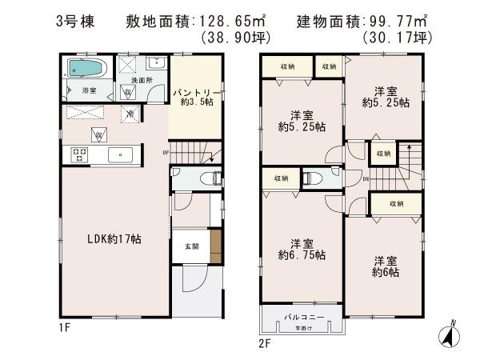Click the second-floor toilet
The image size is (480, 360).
[314, 178]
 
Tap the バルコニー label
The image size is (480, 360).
[301, 318]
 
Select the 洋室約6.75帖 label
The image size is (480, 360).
[297, 249]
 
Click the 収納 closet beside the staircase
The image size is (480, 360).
[383, 153]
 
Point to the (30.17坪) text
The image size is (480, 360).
[396, 38]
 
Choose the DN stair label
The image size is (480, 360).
[366, 179]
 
